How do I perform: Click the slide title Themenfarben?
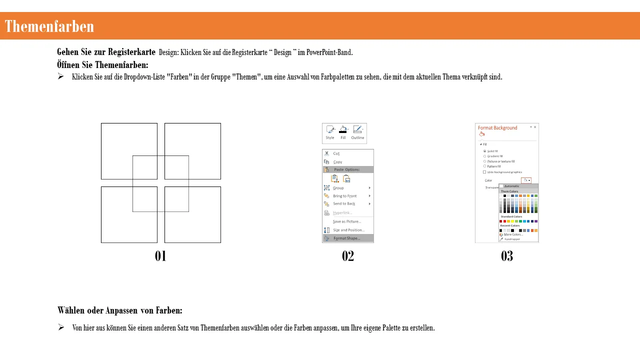[49, 26]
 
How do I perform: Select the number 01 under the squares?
[160, 256]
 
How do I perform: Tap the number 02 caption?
[348, 256]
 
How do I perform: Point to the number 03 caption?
[507, 256]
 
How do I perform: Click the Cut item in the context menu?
[336, 153]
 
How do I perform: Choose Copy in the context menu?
[337, 162]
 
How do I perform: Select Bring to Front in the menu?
[345, 196]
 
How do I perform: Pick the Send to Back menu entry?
[344, 203]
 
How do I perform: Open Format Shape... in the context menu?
[346, 238]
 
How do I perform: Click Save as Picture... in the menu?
[346, 221]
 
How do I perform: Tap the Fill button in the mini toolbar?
[343, 132]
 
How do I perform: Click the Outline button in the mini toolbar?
[357, 132]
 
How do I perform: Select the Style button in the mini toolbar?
[330, 132]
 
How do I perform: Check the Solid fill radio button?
[484, 151]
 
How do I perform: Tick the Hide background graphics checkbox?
[484, 172]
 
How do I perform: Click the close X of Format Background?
[535, 127]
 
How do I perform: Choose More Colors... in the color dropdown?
[513, 234]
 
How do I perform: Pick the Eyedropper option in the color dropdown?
[512, 239]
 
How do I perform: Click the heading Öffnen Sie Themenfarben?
[102, 65]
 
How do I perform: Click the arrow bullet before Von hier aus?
[61, 327]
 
